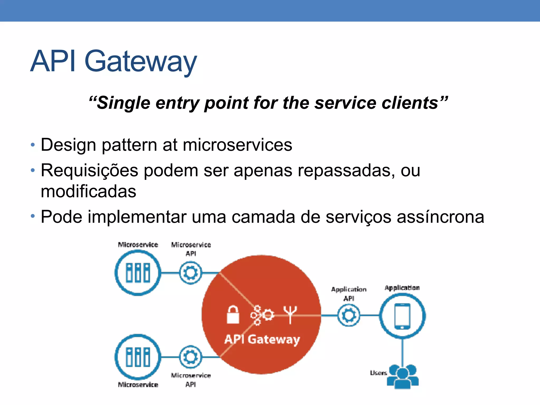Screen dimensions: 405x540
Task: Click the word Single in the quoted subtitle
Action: [123, 103]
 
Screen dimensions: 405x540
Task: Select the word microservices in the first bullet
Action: [237, 145]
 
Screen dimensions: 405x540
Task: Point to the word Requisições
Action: [89, 171]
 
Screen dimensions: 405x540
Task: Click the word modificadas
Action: [88, 191]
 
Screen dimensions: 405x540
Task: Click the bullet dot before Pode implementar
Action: [33, 216]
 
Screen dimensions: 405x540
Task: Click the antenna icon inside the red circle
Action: [290, 314]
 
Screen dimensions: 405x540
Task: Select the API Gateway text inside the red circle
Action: [262, 339]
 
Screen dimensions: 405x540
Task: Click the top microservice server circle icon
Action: [138, 273]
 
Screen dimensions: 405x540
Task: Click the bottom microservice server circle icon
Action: [138, 357]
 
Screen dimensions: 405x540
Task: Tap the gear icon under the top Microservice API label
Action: [191, 273]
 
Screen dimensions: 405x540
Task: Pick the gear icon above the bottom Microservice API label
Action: [191, 357]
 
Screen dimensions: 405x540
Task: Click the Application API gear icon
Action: [349, 315]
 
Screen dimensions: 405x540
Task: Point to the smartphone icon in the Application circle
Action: [402, 316]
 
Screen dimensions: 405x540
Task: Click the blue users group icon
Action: [403, 376]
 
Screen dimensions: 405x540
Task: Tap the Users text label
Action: [378, 373]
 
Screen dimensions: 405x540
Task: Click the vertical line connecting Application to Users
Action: [403, 352]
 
